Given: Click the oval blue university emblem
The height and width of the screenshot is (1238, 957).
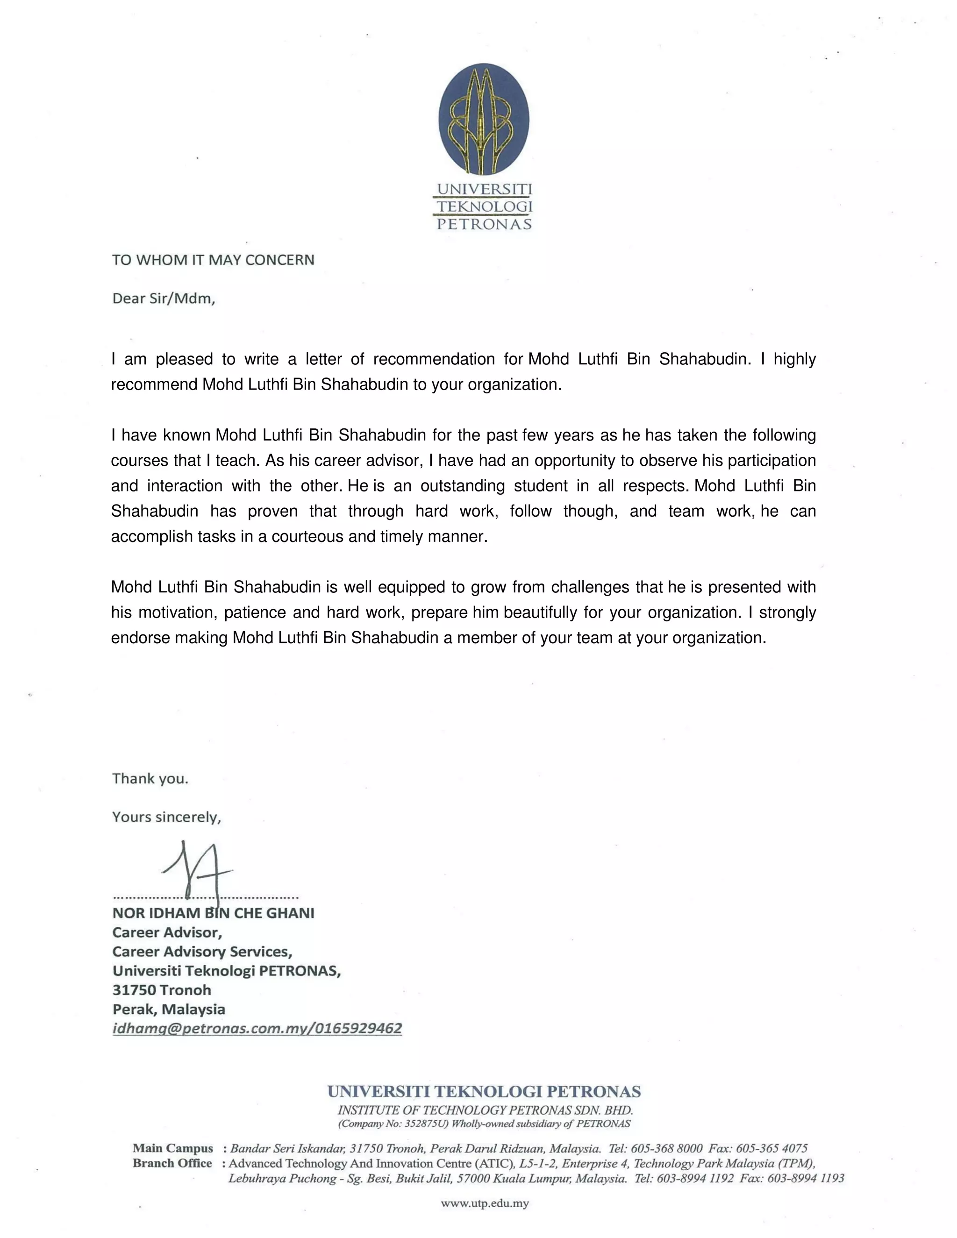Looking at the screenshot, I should click(484, 119).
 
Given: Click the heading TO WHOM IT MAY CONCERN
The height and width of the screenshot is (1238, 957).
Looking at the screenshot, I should click(213, 260).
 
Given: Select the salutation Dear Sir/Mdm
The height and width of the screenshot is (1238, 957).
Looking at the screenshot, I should click(163, 298).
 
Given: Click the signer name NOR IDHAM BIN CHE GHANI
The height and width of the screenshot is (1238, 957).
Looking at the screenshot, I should click(213, 913).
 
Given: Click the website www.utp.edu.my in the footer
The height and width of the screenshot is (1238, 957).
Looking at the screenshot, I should click(485, 1203).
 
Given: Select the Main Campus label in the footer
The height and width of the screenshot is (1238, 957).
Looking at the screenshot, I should click(173, 1148).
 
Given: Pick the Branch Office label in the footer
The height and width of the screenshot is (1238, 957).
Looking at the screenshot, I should click(172, 1163).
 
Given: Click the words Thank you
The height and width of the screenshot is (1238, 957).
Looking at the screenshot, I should click(150, 778).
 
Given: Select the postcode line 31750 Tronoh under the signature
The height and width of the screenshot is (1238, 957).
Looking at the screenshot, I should click(162, 990).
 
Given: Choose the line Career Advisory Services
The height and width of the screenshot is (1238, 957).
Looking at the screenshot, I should click(202, 951).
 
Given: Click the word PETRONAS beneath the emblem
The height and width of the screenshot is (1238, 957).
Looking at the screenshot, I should click(484, 224).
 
